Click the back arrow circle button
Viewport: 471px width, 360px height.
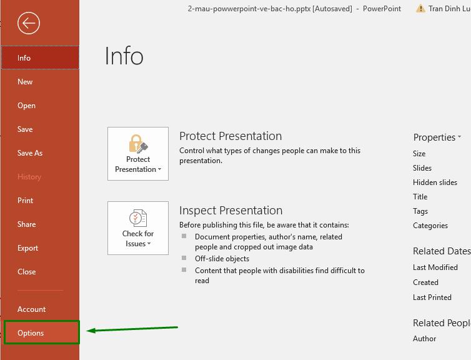point(29,24)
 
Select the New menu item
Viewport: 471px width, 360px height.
point(25,82)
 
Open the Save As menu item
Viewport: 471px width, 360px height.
point(30,153)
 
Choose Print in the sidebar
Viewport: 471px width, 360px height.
point(26,201)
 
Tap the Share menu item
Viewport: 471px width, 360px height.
point(27,224)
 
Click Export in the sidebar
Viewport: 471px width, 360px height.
point(28,248)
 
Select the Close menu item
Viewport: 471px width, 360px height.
point(27,272)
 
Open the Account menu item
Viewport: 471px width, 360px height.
point(32,309)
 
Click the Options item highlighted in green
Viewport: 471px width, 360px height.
point(31,333)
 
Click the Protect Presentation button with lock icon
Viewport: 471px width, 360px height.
point(138,154)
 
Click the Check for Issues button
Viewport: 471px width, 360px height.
point(138,228)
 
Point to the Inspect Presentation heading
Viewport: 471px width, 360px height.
point(231,211)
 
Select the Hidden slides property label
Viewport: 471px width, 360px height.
point(435,182)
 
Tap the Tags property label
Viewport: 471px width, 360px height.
point(420,211)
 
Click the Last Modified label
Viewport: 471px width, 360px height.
point(435,267)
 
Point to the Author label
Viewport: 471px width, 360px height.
point(425,339)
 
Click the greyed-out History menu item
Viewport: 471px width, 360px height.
point(29,177)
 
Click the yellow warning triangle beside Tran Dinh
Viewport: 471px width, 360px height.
point(417,9)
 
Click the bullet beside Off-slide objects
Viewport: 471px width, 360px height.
point(184,258)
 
